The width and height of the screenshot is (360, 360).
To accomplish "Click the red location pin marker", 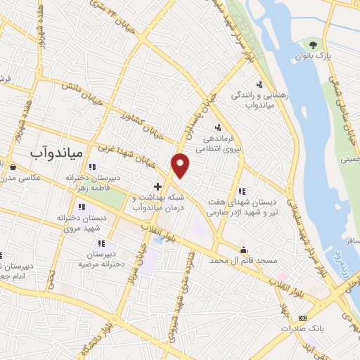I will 181,165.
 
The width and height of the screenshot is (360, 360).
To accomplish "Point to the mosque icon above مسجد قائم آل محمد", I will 243,250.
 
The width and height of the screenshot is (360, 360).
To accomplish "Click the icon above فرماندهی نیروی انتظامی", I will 218,127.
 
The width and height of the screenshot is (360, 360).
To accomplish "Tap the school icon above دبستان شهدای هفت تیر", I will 242,191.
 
